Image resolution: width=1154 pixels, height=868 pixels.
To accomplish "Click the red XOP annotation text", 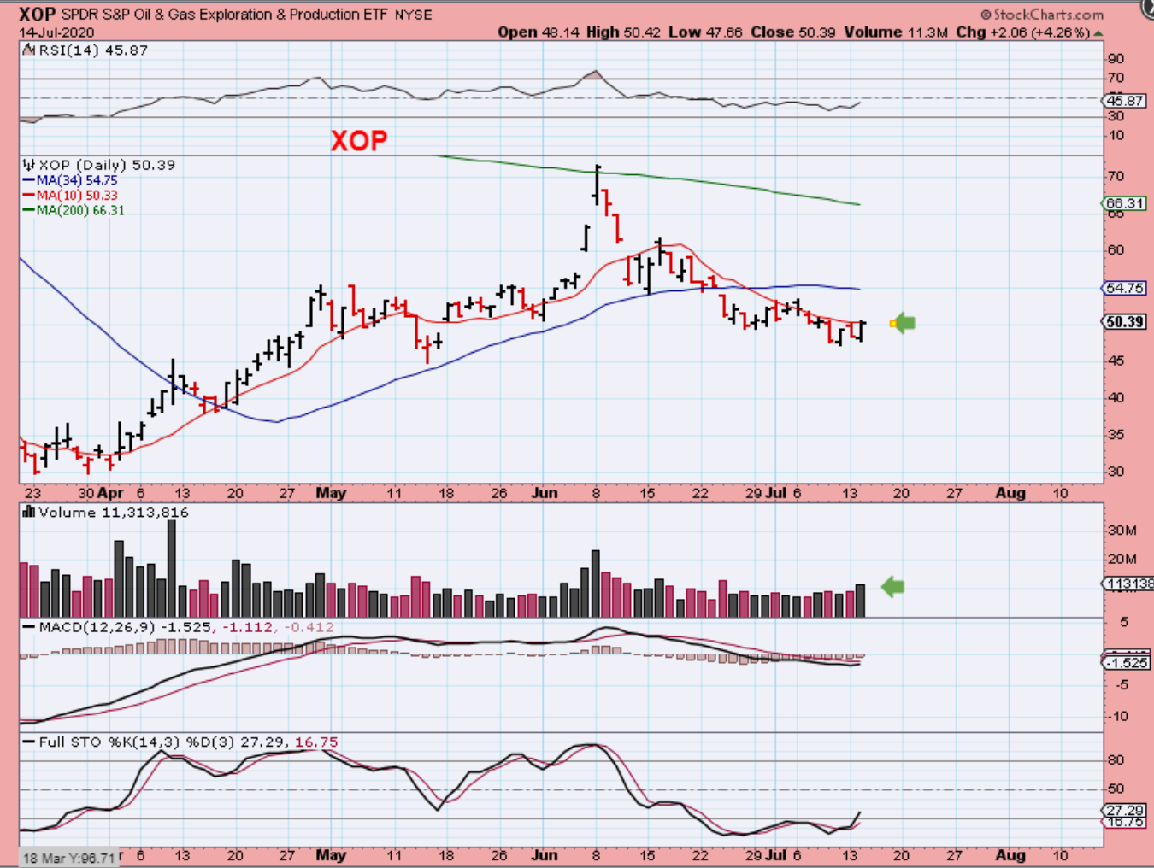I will (359, 140).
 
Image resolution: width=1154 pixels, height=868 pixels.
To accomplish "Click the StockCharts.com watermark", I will (1042, 15).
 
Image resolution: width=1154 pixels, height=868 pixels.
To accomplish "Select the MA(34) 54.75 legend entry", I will (76, 180).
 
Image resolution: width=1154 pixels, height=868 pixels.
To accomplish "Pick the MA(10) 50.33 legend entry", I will (76, 196).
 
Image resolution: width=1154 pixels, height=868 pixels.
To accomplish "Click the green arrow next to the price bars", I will (903, 323).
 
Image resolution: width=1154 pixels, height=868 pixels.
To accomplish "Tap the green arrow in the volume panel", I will (892, 587).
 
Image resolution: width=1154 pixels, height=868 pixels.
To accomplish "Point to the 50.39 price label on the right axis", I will (1125, 322).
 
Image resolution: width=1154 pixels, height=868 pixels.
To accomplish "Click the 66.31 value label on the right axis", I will (1125, 203).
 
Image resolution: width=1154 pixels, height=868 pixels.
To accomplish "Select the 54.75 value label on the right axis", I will (1125, 288).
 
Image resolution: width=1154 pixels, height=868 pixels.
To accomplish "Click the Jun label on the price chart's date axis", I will (545, 493).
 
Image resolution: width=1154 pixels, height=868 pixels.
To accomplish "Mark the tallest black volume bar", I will (172, 568).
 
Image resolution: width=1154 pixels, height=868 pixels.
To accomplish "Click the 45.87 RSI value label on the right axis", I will (1125, 101).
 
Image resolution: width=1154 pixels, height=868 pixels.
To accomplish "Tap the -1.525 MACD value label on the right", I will (1127, 663).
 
